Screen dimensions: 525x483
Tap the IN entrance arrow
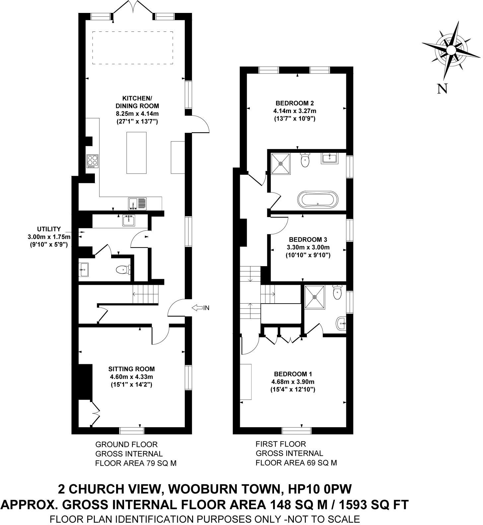point(201,308)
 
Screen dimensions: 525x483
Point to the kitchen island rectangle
point(136,152)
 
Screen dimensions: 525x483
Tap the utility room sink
point(129,220)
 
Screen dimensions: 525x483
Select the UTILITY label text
point(49,229)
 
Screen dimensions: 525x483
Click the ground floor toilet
point(123,270)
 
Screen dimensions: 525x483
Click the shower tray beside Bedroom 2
point(281,163)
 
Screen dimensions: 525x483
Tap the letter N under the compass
point(443,89)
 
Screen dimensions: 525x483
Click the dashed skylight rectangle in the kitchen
point(133,48)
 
